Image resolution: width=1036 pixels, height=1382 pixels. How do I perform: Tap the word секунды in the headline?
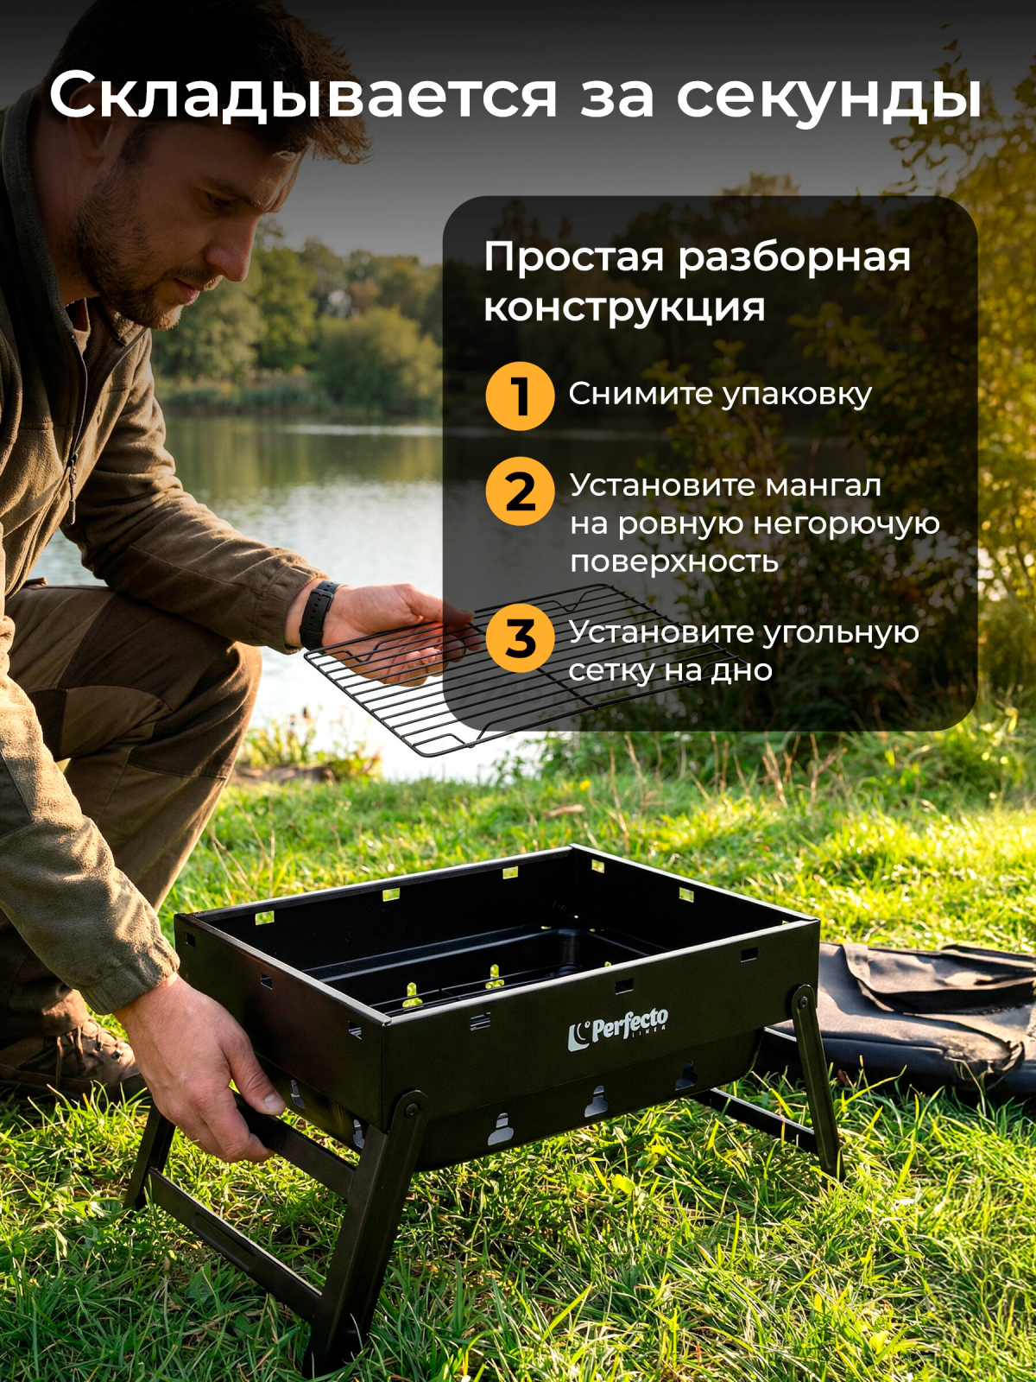[x=829, y=97]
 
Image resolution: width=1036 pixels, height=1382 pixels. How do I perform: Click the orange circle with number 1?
[x=520, y=396]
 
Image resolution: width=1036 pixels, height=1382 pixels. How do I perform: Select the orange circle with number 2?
[x=520, y=491]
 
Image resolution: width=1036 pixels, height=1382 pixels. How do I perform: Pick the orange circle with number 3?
[x=520, y=638]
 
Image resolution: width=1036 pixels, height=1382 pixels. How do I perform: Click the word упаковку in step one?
[x=796, y=396]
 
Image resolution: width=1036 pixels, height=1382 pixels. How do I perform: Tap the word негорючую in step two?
[x=846, y=523]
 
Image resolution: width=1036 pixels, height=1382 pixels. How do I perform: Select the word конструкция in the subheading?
[x=624, y=307]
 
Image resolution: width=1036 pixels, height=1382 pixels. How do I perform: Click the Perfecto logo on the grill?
[x=618, y=1028]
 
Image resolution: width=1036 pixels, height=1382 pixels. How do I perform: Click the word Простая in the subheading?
[x=574, y=257]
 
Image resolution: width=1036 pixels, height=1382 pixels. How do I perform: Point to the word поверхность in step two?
[x=673, y=561]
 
